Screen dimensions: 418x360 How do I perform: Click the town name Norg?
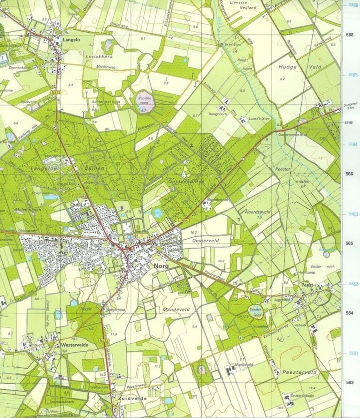tap(161, 266)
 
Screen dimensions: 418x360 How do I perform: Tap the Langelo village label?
tap(71, 40)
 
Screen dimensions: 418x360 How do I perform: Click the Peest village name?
tap(308, 285)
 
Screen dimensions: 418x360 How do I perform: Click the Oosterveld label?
tap(206, 240)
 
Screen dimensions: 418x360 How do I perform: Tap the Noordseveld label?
tap(258, 212)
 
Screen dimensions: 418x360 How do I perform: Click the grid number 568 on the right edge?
tap(349, 34)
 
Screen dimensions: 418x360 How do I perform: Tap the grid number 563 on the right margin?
tap(349, 382)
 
